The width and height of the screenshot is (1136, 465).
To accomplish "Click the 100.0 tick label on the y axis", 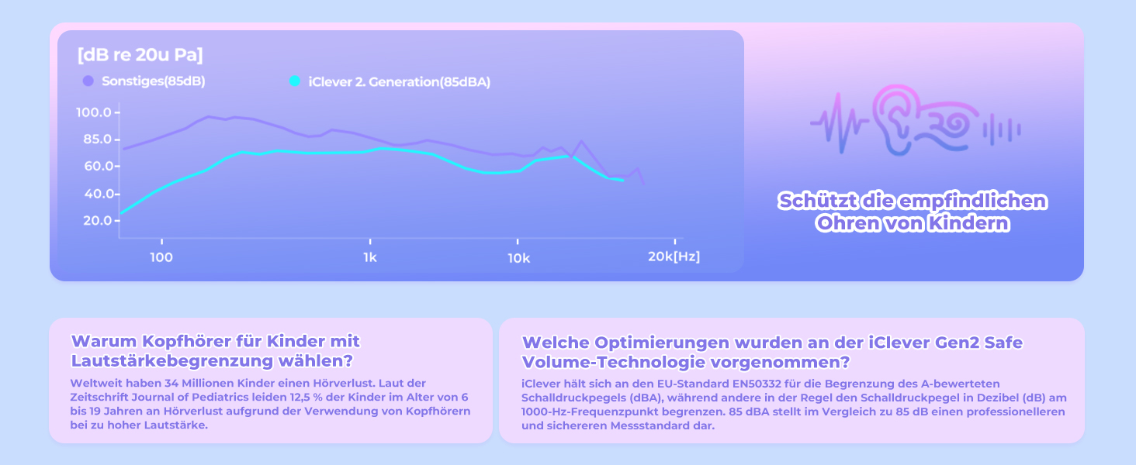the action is tap(94, 112).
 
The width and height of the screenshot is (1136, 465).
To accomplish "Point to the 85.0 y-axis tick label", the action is tap(97, 139).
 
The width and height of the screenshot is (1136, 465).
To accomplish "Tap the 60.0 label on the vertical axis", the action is tap(98, 166).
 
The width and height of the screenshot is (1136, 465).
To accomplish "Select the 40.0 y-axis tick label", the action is tap(98, 194).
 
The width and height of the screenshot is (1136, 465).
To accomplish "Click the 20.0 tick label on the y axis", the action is tap(98, 220).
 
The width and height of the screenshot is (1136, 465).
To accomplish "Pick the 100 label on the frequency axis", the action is tap(161, 257).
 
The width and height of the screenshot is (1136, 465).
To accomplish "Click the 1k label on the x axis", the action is tap(370, 257).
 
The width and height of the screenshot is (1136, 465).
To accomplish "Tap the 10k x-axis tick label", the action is tap(519, 258).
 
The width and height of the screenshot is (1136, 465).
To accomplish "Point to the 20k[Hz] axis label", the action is tap(674, 257).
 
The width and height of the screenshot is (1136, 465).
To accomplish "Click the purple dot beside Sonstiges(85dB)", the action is tap(88, 81).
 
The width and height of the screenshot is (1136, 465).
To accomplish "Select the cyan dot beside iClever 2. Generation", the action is tap(295, 81).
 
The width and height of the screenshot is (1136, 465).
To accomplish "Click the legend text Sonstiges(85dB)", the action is tap(154, 81).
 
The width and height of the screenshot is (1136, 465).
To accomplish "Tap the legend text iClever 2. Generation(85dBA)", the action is tap(400, 82).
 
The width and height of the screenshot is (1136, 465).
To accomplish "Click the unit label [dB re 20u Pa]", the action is tap(140, 55).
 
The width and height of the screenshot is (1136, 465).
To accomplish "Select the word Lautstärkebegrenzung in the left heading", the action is tap(172, 360).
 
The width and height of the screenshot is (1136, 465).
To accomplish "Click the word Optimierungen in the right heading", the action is tap(662, 343).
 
